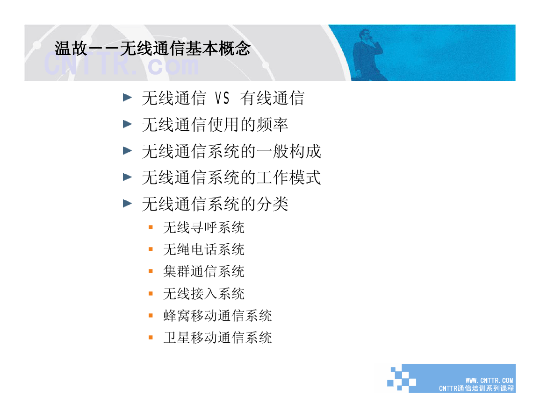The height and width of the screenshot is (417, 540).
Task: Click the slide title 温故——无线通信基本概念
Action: pos(152,48)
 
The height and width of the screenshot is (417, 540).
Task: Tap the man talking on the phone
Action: pos(368,55)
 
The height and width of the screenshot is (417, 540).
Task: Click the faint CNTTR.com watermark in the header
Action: pos(121,64)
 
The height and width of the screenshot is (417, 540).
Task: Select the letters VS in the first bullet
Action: pos(222,98)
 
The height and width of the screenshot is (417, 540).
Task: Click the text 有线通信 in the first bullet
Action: pos(273,98)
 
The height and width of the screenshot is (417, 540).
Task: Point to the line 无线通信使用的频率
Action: pos(215,125)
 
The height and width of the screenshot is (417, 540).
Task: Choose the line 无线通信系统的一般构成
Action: pos(231,151)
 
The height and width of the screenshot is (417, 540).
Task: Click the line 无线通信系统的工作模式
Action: pos(231,177)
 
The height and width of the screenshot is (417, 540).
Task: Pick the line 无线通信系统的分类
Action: pos(215,204)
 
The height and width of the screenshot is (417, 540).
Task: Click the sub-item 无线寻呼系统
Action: pos(204,227)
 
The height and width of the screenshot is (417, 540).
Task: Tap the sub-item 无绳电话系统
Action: pos(204,249)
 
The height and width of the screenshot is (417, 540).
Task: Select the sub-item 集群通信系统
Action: pos(204,271)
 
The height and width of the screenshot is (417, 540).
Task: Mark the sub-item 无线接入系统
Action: pos(204,293)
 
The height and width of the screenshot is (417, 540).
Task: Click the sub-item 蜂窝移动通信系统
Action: pos(218,316)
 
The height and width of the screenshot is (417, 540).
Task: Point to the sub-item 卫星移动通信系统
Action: pos(218,338)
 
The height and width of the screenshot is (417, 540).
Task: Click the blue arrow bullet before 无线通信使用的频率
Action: pos(128,124)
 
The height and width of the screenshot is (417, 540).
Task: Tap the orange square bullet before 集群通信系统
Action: pos(151,271)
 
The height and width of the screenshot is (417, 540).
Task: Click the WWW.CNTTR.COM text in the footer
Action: pos(490,381)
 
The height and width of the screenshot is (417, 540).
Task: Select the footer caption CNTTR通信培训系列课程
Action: pos(476,389)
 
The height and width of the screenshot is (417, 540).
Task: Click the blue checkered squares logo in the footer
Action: pos(402,379)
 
